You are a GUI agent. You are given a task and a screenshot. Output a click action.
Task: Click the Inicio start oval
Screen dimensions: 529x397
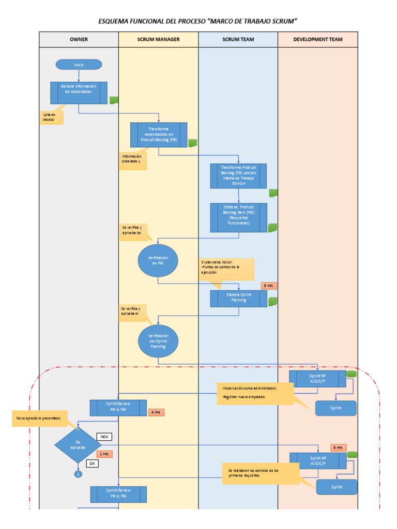[x=79, y=65]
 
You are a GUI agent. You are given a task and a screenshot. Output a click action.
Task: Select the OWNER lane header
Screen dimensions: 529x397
[x=79, y=39]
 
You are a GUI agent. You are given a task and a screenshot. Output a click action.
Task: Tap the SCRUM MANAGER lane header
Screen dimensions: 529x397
[x=158, y=39]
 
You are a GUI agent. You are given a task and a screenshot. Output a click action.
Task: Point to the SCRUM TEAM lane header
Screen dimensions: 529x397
[x=238, y=39]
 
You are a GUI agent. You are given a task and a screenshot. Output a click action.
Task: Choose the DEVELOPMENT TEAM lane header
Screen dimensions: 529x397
[x=317, y=39]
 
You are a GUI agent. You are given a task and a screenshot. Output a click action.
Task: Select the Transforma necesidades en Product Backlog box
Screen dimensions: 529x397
[x=159, y=135]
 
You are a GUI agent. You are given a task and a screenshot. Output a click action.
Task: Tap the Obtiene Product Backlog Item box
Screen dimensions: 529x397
[x=238, y=217]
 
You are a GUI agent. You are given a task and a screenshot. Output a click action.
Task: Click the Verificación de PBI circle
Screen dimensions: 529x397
[x=158, y=260]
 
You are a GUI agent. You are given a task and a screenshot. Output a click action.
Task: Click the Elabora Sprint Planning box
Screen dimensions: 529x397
[x=238, y=299]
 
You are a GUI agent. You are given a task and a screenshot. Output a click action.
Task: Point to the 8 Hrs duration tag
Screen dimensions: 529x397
[x=269, y=285]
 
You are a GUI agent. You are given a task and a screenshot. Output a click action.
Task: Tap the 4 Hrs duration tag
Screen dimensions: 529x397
[x=156, y=412]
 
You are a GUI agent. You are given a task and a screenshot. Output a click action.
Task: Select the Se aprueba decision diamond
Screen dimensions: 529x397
[x=78, y=445]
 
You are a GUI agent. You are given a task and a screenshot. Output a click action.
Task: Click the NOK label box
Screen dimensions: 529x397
[x=104, y=437]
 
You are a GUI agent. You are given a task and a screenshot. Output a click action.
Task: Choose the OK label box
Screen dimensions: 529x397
[x=93, y=463]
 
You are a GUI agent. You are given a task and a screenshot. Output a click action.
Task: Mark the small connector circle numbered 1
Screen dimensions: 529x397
[x=78, y=474]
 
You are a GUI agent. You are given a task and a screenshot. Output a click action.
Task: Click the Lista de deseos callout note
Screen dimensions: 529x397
[x=51, y=117]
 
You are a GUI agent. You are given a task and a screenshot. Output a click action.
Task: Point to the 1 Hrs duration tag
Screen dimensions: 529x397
[x=104, y=454]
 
